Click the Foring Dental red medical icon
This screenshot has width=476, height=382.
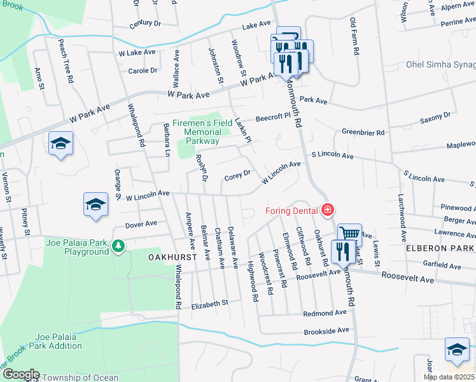[328, 209]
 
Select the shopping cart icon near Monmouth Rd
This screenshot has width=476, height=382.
[349, 234]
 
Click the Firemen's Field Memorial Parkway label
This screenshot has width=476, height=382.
[202, 127]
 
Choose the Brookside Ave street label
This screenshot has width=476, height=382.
[326, 330]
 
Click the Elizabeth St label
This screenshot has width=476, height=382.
[209, 304]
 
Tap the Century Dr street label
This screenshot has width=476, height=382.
[145, 24]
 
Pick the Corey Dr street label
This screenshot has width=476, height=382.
[239, 175]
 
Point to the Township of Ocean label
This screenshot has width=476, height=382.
[79, 378]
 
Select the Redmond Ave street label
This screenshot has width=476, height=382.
[325, 313]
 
